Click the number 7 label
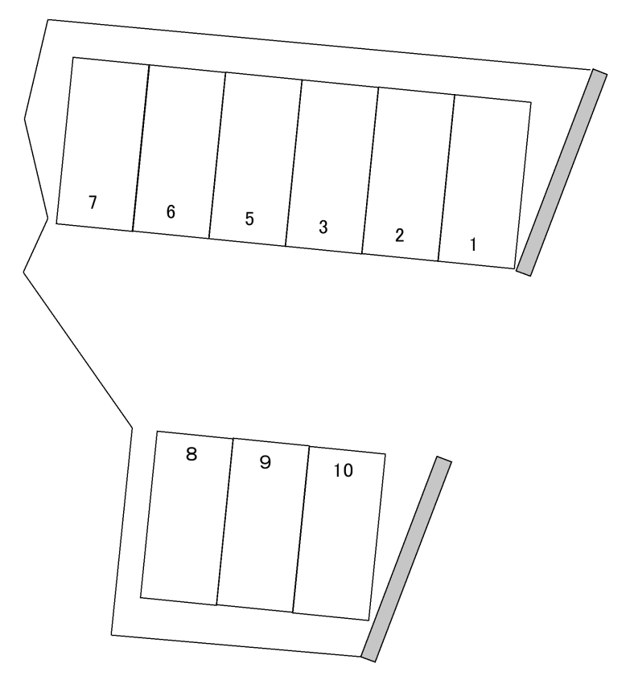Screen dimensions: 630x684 (93, 203)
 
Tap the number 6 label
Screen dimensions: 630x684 (171, 211)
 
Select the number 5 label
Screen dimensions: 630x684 (249, 219)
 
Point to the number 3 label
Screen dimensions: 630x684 (323, 227)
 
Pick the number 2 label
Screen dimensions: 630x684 (399, 236)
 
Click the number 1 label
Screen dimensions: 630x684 (473, 244)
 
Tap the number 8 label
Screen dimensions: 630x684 (191, 454)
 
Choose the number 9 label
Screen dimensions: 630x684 (265, 462)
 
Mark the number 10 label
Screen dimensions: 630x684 (343, 470)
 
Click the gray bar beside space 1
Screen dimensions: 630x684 (562, 172)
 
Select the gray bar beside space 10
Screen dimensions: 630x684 (406, 559)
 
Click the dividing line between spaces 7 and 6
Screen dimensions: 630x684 (141, 148)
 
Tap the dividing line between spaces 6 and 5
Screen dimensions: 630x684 (217, 155)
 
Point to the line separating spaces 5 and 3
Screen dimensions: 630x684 (294, 163)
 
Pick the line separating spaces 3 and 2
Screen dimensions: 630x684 (370, 170)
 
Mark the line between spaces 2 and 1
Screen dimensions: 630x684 (447, 178)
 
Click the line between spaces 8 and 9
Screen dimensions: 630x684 (224, 522)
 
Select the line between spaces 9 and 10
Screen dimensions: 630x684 (301, 529)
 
